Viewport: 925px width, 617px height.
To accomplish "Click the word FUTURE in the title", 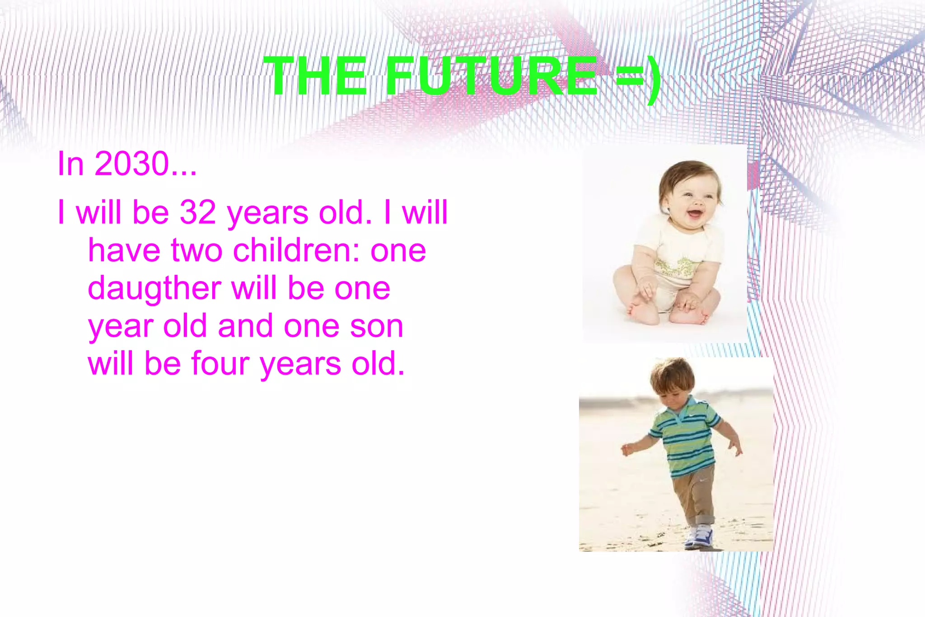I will tap(492, 76).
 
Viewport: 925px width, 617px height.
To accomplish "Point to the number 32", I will tap(198, 212).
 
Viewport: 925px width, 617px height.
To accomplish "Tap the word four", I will tap(220, 364).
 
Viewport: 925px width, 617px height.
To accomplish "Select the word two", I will tap(196, 251).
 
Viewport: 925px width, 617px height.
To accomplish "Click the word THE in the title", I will tap(316, 76).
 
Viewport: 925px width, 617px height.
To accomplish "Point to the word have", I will tap(124, 250).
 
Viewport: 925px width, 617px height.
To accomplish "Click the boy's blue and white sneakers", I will tap(699, 537).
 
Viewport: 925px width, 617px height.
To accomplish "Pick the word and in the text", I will tap(245, 326).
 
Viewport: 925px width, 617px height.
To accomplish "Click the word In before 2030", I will tap(70, 164).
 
